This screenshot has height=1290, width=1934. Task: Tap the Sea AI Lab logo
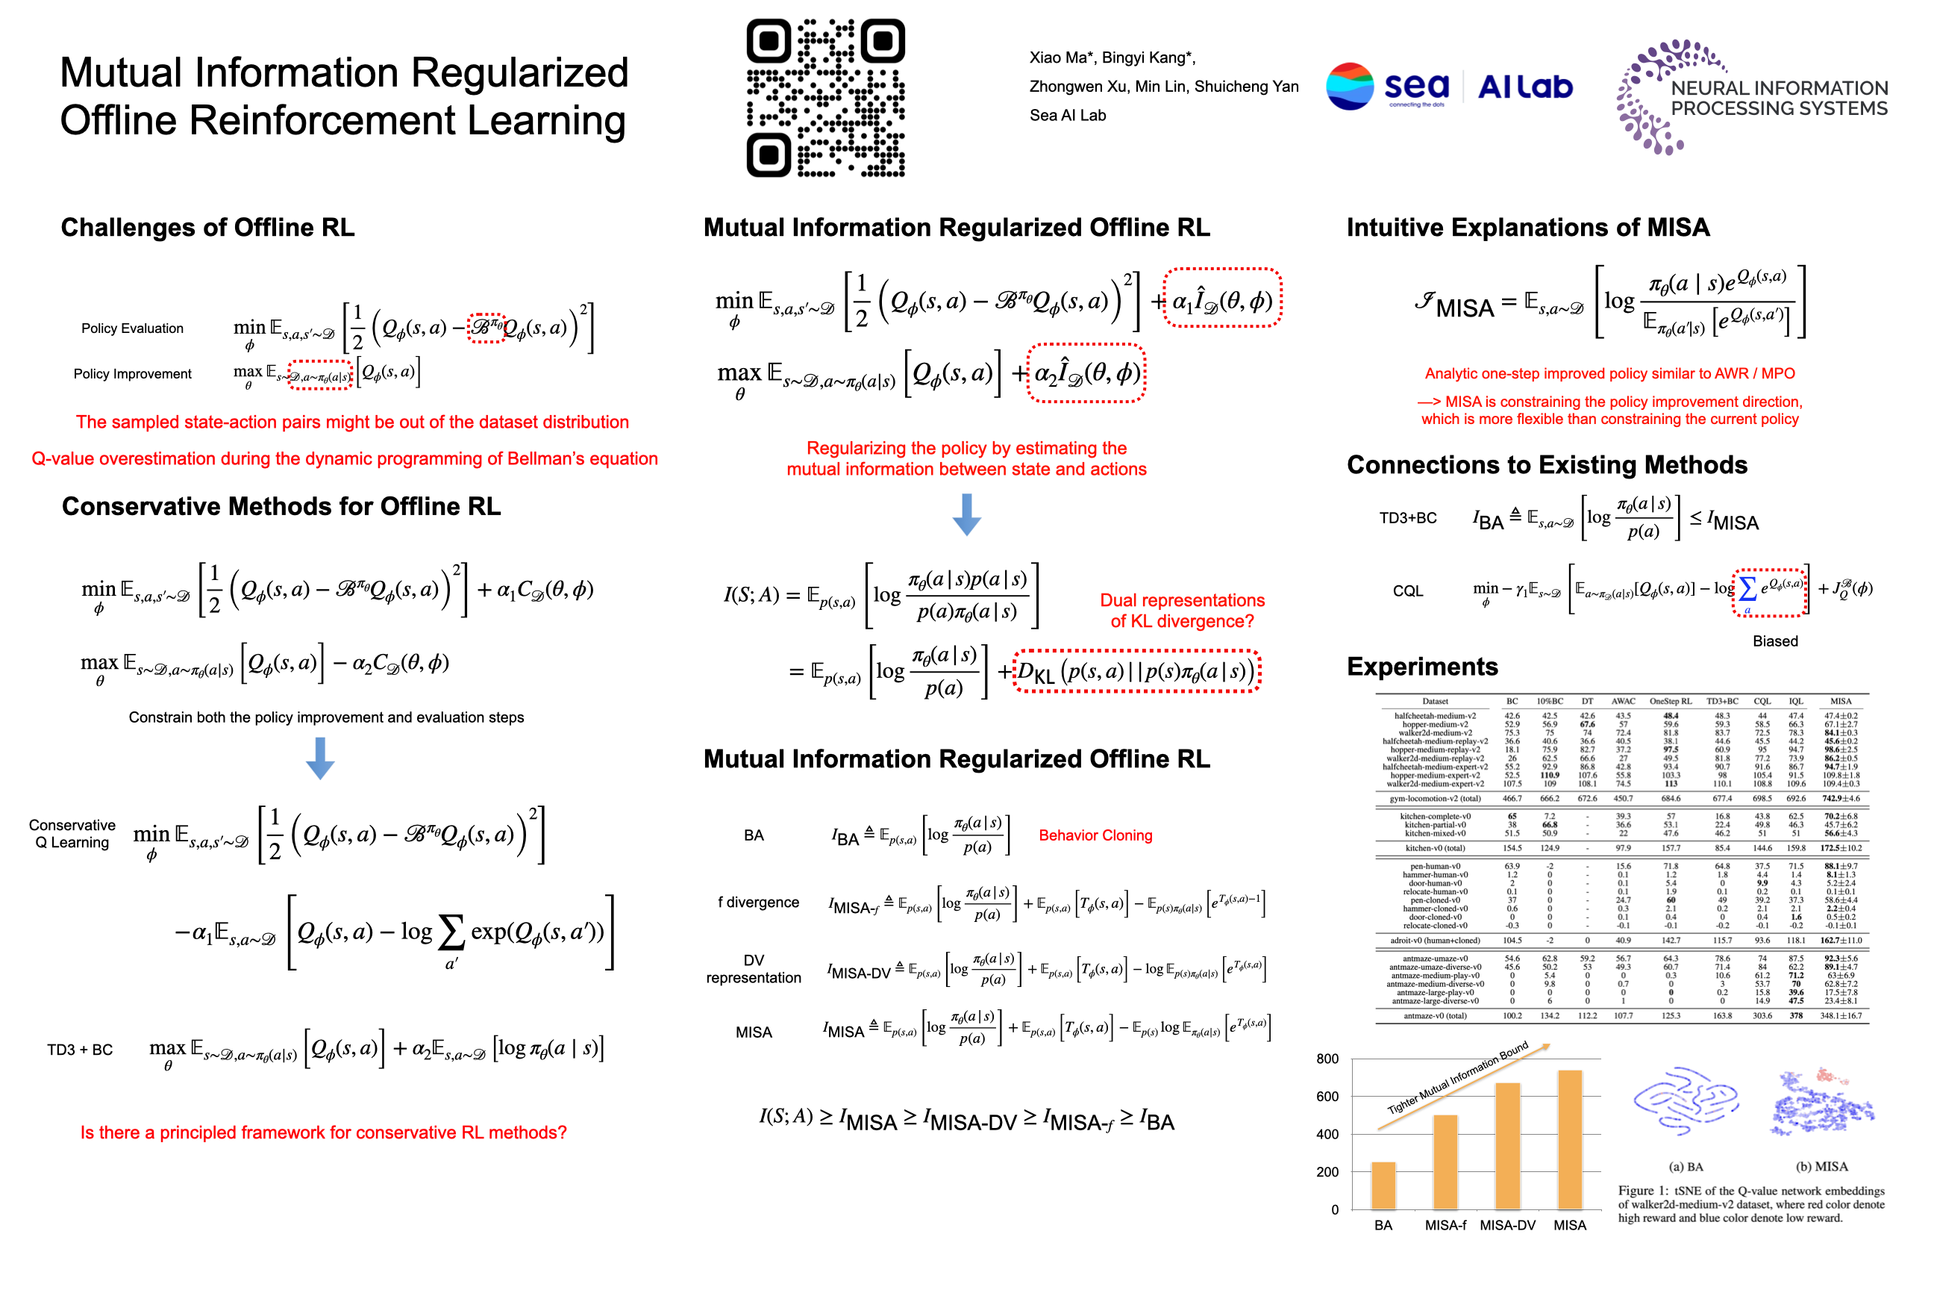point(1449,87)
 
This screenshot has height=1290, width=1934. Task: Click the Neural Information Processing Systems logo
point(1751,97)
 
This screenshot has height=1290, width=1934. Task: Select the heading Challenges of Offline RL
point(208,227)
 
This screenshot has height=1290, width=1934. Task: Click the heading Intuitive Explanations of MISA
point(1528,227)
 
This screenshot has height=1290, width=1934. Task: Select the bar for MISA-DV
point(1507,1145)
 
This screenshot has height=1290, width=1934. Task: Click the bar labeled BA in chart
point(1383,1185)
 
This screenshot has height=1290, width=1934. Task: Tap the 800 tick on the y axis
point(1327,1059)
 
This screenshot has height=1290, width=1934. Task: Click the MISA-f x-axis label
point(1445,1225)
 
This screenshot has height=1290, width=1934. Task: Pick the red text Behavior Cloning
point(1095,835)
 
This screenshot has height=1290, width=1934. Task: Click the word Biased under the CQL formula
point(1774,641)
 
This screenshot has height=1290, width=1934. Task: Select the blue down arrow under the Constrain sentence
point(320,758)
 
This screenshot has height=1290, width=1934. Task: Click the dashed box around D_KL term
point(1136,671)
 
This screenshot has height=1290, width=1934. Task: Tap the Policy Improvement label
point(132,373)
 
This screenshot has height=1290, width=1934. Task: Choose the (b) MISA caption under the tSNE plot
point(1821,1167)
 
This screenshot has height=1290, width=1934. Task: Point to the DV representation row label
point(753,969)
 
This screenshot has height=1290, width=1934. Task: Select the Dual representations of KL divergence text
point(1182,611)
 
